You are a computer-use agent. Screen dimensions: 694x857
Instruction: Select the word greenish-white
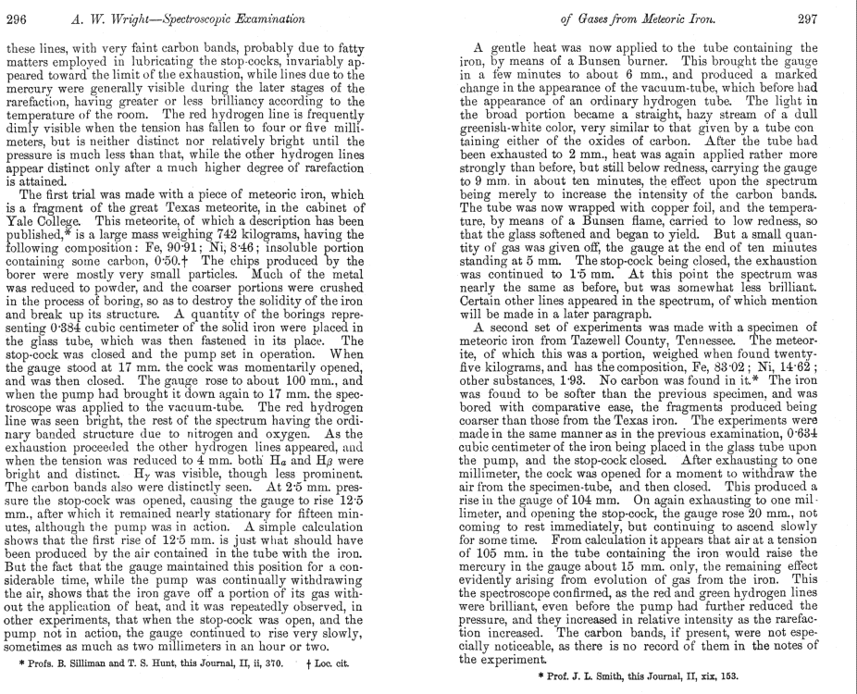point(503,126)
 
